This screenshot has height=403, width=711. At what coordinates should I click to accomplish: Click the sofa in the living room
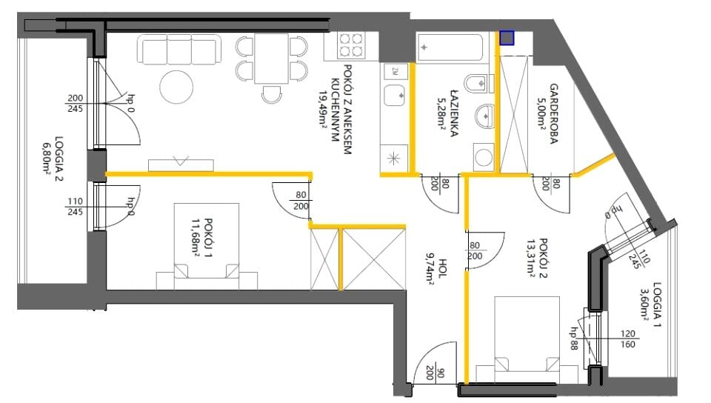point(179,50)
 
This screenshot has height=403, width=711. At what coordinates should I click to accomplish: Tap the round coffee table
point(176,87)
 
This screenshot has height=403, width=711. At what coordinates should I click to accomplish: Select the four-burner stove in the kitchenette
point(352,45)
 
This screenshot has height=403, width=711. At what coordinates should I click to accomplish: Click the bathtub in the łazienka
point(450,47)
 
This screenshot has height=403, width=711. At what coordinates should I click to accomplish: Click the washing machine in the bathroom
point(484,157)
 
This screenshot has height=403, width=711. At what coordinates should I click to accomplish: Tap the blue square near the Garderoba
point(507,38)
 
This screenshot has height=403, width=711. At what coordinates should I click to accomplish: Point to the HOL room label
point(443,268)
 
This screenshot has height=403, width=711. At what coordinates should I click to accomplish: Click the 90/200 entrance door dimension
point(435,373)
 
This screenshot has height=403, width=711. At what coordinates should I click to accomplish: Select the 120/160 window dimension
point(627,339)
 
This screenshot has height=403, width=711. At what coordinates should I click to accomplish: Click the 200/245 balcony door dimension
point(76,104)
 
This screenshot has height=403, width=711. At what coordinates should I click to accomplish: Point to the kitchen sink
point(395,96)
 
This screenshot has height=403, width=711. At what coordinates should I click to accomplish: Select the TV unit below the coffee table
point(181,165)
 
